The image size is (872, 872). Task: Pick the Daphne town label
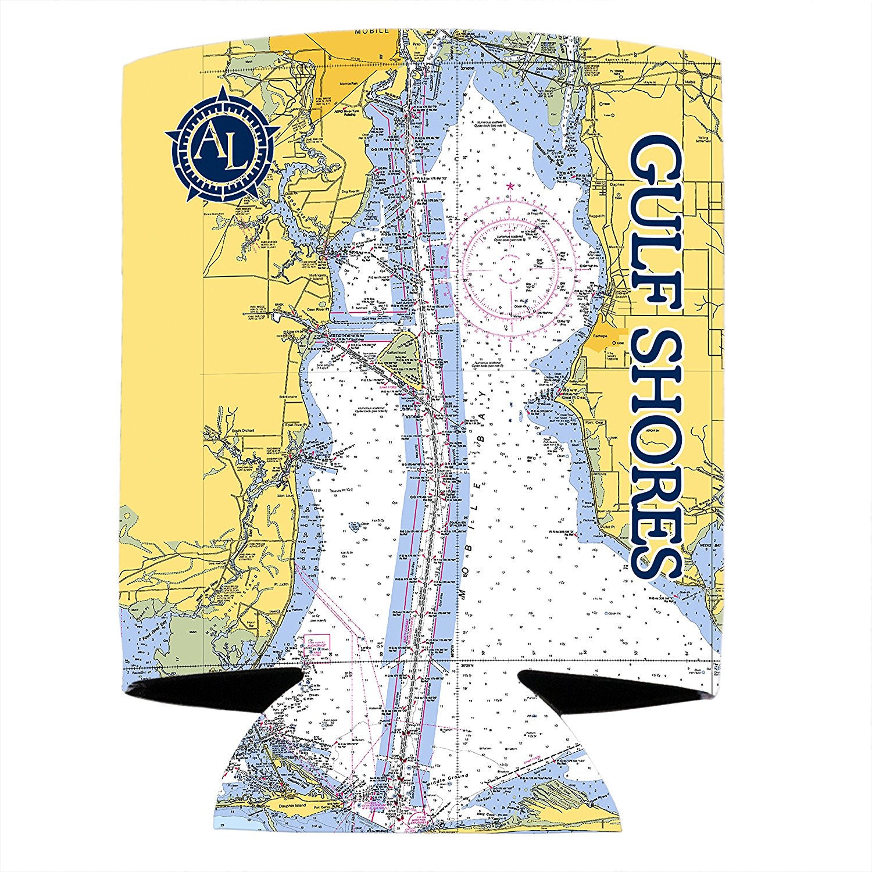[x=617, y=184]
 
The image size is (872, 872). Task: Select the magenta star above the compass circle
[x=510, y=186]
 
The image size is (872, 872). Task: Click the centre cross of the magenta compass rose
[x=511, y=270]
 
